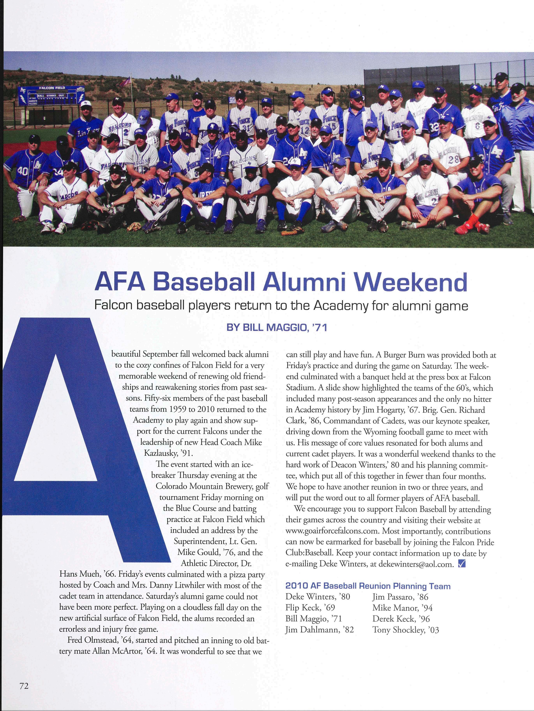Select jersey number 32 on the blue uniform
pyautogui.click(x=434, y=127)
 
